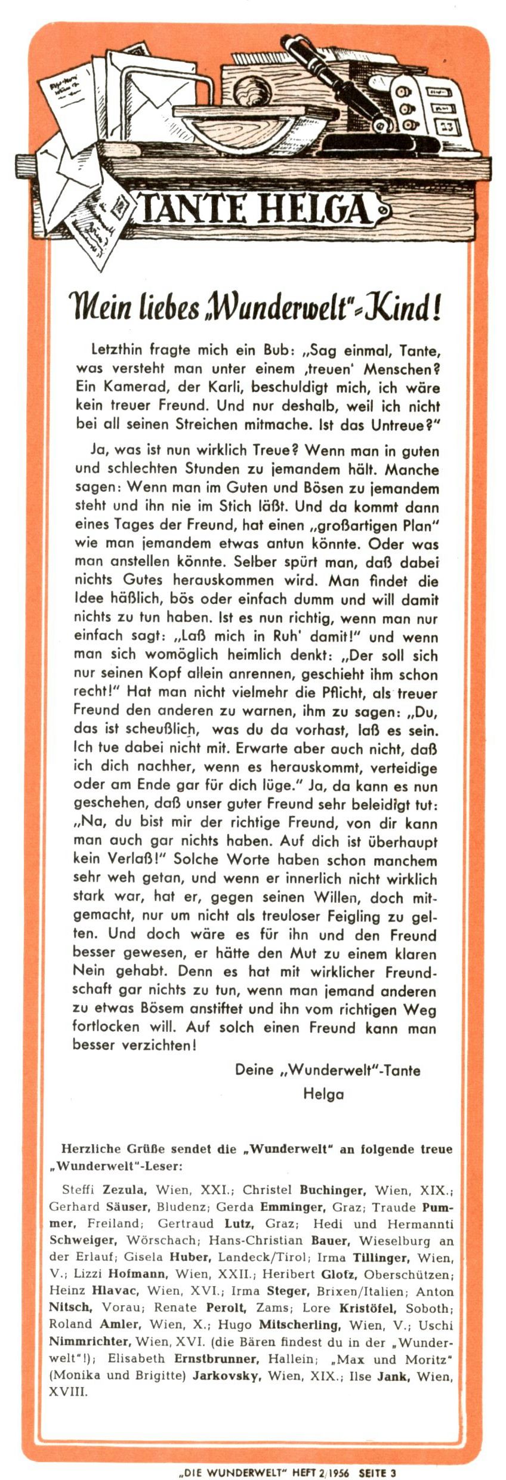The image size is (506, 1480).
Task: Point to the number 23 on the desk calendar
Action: point(446,127)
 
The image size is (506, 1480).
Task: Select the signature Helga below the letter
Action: point(323,1094)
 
